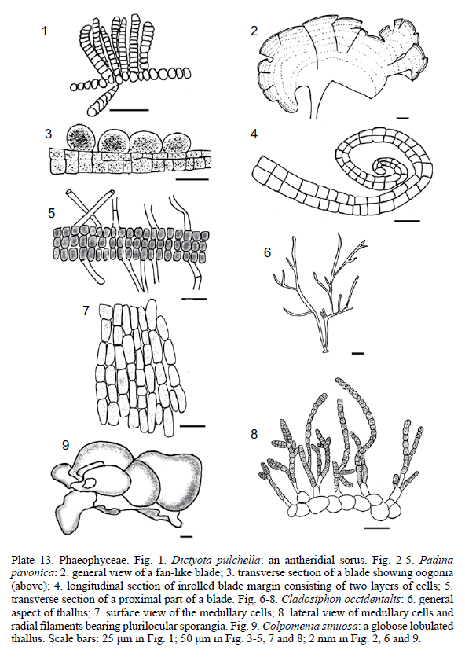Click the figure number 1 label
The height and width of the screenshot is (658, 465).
coord(45,31)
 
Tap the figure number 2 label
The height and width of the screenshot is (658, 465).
coord(254,31)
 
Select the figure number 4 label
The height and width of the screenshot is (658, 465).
coord(254,134)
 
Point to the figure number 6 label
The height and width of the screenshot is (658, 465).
coord(268,252)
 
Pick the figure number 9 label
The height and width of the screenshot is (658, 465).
coord(65,445)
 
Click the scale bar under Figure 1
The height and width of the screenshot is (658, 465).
coord(129,110)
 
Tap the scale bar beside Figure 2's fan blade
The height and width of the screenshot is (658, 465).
coord(402,119)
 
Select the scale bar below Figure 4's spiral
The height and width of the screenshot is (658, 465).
coord(407,220)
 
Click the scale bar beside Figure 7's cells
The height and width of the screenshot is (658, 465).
coord(192,426)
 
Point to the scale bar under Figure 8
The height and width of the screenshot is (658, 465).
coord(377,528)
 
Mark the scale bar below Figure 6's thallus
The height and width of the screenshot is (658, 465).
coord(357,353)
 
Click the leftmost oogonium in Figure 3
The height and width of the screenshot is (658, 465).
coord(82,137)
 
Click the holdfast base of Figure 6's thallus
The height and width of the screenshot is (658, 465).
coord(325,351)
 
